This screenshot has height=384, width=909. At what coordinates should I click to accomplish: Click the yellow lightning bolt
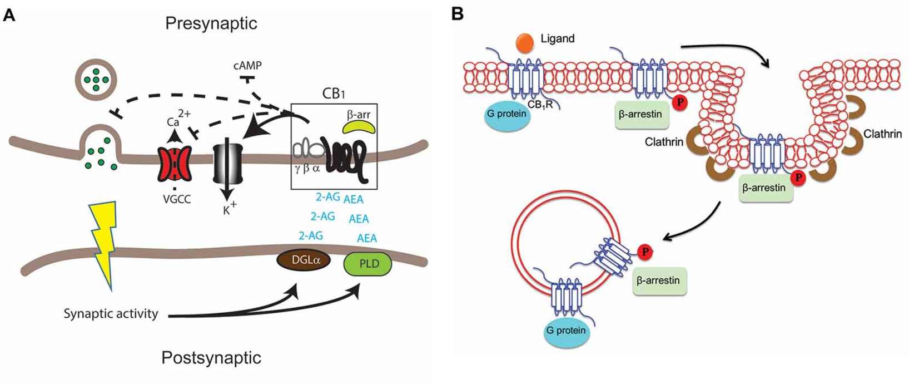coord(106,239)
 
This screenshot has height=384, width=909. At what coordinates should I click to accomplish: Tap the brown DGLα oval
coord(304,260)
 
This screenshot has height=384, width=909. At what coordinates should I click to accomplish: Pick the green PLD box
coord(368,263)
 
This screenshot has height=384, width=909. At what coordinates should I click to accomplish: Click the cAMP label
coord(247,66)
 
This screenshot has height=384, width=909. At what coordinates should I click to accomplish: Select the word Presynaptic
coord(211,23)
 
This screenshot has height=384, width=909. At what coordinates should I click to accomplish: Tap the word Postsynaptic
coord(211,357)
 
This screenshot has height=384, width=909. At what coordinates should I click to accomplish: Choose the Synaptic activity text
coord(111,314)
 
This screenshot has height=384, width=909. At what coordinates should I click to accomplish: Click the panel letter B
coord(457,14)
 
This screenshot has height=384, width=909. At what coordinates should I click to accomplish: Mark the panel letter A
coord(9,15)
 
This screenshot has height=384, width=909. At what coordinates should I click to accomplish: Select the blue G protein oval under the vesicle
coord(565,331)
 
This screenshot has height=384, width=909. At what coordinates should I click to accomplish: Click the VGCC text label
coord(177,199)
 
